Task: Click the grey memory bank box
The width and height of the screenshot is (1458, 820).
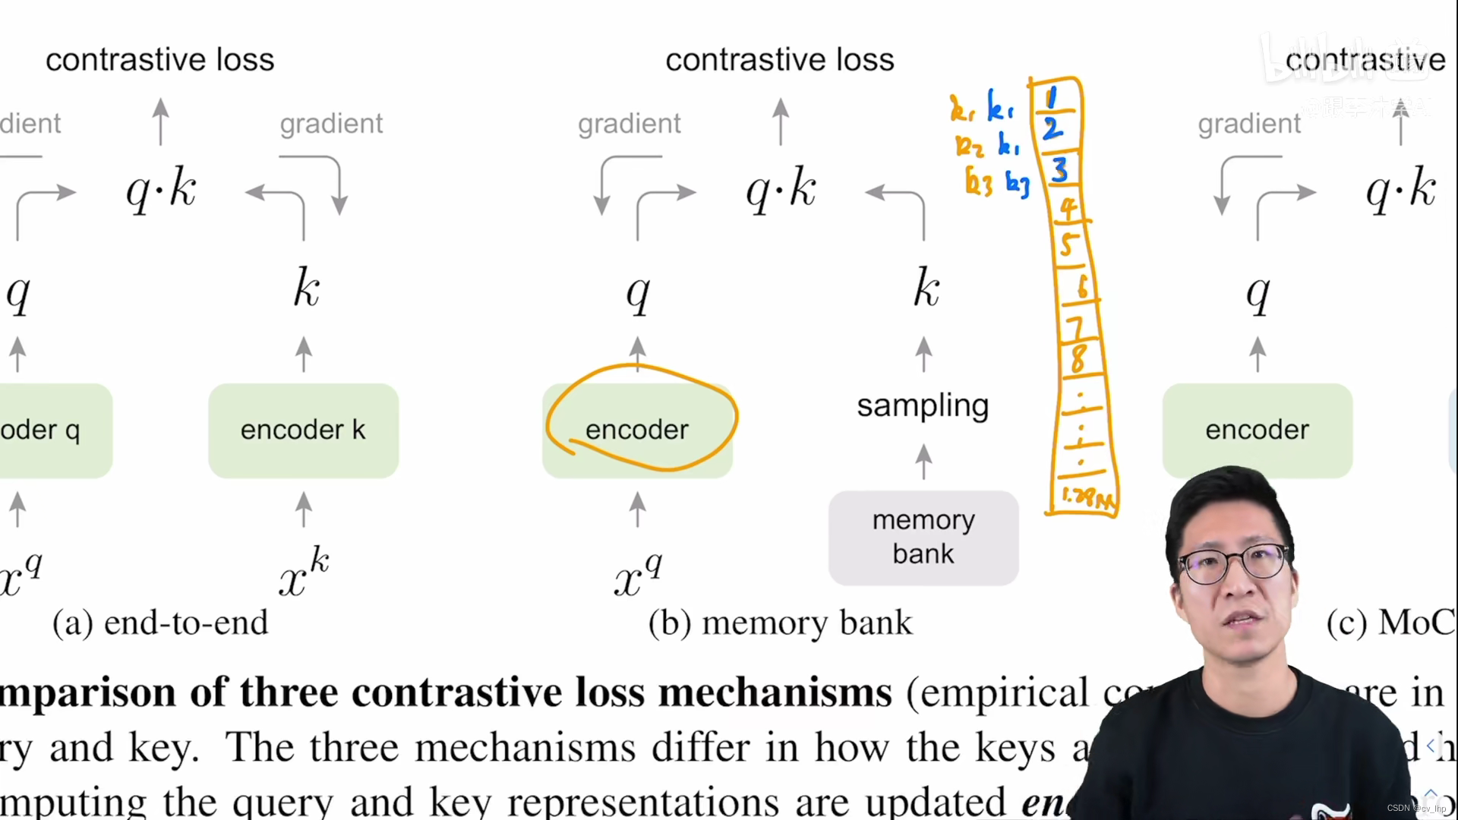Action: click(923, 538)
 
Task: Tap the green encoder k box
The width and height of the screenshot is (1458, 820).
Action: click(303, 430)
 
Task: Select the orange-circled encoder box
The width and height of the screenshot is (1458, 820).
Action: click(637, 430)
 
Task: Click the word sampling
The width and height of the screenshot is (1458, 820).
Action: click(923, 405)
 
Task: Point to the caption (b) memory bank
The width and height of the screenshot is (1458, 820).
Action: click(780, 623)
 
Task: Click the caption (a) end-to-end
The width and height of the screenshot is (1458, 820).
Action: click(160, 623)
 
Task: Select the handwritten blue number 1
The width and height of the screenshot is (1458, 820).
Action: click(1052, 98)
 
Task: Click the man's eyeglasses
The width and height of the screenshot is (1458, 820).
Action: click(1234, 564)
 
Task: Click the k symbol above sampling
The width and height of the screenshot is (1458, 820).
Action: click(926, 288)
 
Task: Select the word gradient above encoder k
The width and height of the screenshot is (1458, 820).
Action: click(331, 123)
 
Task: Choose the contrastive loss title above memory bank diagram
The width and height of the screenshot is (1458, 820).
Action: click(780, 59)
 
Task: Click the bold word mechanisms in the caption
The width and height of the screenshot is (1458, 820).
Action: click(775, 692)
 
